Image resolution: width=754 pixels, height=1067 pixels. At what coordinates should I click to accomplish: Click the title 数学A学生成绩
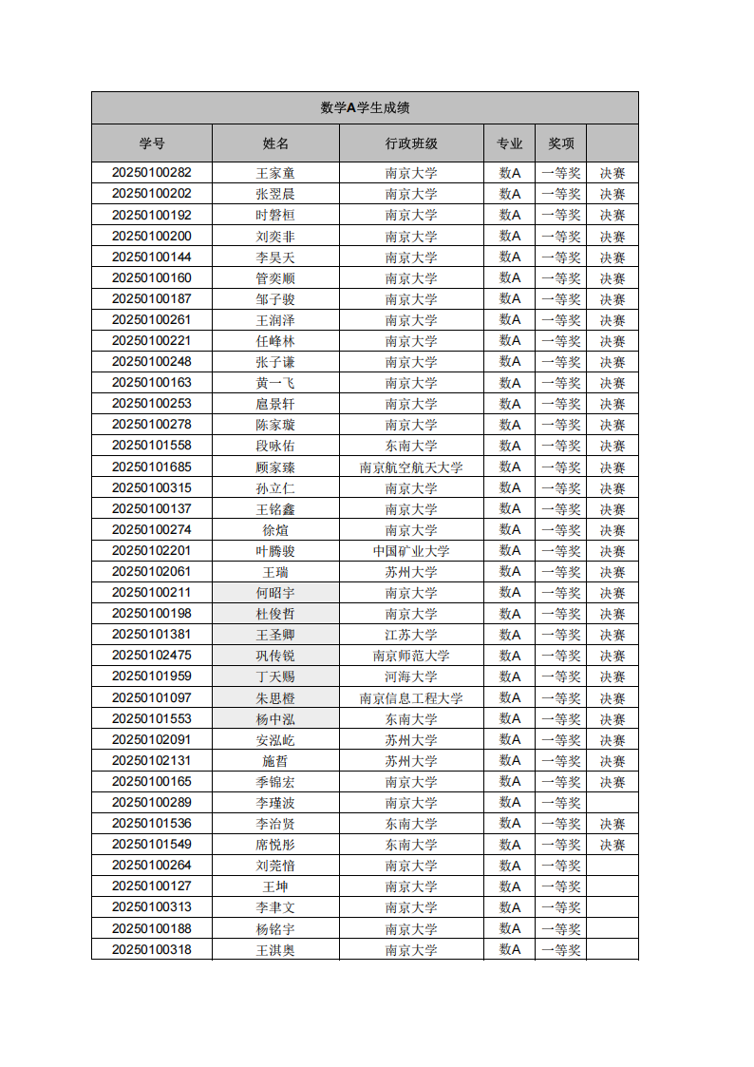[x=365, y=108]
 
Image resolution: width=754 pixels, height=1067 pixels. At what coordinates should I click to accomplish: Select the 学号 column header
[x=152, y=143]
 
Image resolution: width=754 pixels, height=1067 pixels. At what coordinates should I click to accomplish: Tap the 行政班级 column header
[x=411, y=143]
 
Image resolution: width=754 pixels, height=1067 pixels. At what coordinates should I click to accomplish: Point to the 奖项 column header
[x=561, y=143]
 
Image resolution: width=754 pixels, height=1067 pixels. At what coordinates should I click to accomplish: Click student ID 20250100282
[x=152, y=173]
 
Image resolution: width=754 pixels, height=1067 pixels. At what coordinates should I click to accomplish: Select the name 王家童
[x=275, y=173]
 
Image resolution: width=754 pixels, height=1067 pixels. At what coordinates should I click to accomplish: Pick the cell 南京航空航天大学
[x=411, y=467]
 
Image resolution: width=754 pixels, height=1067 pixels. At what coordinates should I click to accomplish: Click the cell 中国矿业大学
[x=411, y=551]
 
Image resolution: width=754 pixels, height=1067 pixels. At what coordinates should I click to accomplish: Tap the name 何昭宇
[x=275, y=593]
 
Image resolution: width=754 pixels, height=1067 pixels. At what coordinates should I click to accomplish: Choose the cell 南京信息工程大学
[x=411, y=698]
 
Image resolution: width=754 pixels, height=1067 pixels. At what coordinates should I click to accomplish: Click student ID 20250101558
[x=152, y=446]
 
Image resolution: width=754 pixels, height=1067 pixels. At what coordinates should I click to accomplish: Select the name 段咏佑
[x=275, y=446]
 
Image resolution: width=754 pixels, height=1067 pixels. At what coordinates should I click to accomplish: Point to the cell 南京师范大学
[x=411, y=656]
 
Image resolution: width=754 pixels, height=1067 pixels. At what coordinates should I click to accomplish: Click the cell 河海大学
[x=411, y=676]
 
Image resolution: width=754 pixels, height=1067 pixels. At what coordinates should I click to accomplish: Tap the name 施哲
[x=275, y=761]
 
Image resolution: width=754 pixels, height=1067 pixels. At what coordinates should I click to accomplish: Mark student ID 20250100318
[x=152, y=949]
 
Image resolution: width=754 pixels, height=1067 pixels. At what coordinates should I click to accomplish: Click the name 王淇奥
[x=275, y=949]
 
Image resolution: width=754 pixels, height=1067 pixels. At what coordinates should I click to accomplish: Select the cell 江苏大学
[x=411, y=635]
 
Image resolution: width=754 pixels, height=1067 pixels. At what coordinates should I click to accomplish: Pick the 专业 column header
[x=510, y=143]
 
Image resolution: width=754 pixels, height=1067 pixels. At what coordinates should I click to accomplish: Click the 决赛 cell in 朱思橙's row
[x=613, y=698]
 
